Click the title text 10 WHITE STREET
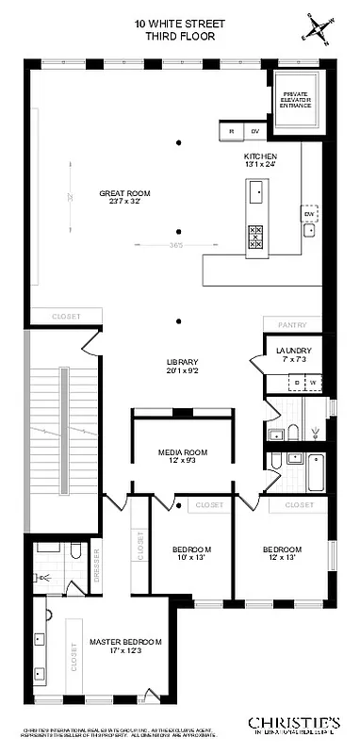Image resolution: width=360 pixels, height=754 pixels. [179, 23]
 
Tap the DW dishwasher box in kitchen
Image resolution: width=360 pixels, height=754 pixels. [308, 214]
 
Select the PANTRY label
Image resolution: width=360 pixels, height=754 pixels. [292, 324]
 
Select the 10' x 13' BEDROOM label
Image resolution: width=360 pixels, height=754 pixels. [191, 553]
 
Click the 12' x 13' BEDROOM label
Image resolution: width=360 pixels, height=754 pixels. [282, 553]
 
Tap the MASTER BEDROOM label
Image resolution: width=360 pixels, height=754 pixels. [125, 646]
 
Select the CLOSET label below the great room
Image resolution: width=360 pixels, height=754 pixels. [65, 317]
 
